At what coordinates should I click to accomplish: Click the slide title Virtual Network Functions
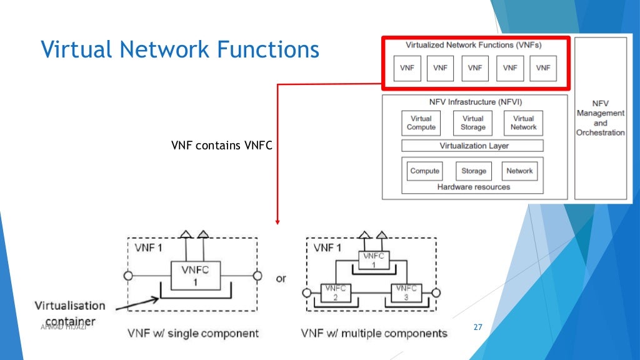[180, 49]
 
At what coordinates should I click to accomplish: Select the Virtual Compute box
[421, 122]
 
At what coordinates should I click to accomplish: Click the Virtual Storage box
[472, 122]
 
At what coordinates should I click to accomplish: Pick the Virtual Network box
[523, 122]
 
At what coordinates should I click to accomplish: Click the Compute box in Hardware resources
[424, 171]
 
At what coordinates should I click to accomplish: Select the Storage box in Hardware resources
[473, 171]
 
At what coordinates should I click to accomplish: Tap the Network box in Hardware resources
[519, 171]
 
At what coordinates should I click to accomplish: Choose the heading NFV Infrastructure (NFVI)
[472, 102]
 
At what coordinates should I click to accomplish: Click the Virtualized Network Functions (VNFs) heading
[473, 46]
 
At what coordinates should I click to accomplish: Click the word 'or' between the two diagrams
[281, 278]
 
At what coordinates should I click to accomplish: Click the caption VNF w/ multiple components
[374, 333]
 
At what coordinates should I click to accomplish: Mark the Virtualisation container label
[69, 312]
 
